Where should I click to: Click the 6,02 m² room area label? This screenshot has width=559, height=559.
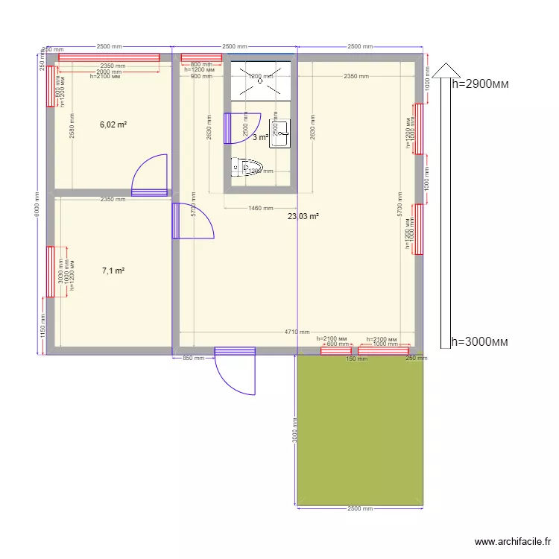click(x=113, y=125)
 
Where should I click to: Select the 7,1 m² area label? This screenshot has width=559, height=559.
click(x=113, y=271)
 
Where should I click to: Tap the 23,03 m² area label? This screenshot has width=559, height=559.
click(x=303, y=216)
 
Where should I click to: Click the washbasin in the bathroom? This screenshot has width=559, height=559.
click(x=279, y=132)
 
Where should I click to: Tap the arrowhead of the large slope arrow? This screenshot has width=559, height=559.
click(x=446, y=69)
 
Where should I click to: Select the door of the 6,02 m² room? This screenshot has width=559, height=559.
click(x=150, y=176)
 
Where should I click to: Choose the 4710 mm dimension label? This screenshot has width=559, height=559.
click(x=297, y=332)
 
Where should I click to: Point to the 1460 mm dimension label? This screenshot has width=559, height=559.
click(x=259, y=209)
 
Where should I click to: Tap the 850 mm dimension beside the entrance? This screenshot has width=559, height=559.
click(x=193, y=359)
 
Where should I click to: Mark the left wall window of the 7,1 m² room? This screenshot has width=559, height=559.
click(x=51, y=271)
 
